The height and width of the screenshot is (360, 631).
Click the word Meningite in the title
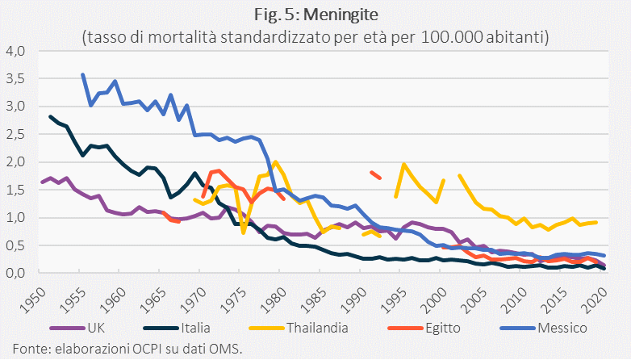(x=341, y=15)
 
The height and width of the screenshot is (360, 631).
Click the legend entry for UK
(x=77, y=328)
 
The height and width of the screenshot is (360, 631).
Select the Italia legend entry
(x=177, y=328)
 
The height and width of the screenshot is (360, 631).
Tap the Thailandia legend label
(x=299, y=328)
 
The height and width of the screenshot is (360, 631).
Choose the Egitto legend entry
(x=424, y=328)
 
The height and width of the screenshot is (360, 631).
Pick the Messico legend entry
(x=544, y=328)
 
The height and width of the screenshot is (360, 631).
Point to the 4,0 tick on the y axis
(x=15, y=51)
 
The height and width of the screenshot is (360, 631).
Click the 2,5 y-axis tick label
(x=15, y=134)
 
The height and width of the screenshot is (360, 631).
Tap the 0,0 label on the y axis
(x=15, y=273)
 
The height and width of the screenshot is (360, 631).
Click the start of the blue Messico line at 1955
(x=82, y=74)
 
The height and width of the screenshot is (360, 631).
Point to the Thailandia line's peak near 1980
(x=276, y=162)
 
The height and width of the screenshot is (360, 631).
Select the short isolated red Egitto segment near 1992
(x=375, y=175)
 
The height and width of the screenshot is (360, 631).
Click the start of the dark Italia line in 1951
(x=50, y=116)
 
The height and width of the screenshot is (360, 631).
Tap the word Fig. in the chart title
(x=268, y=15)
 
